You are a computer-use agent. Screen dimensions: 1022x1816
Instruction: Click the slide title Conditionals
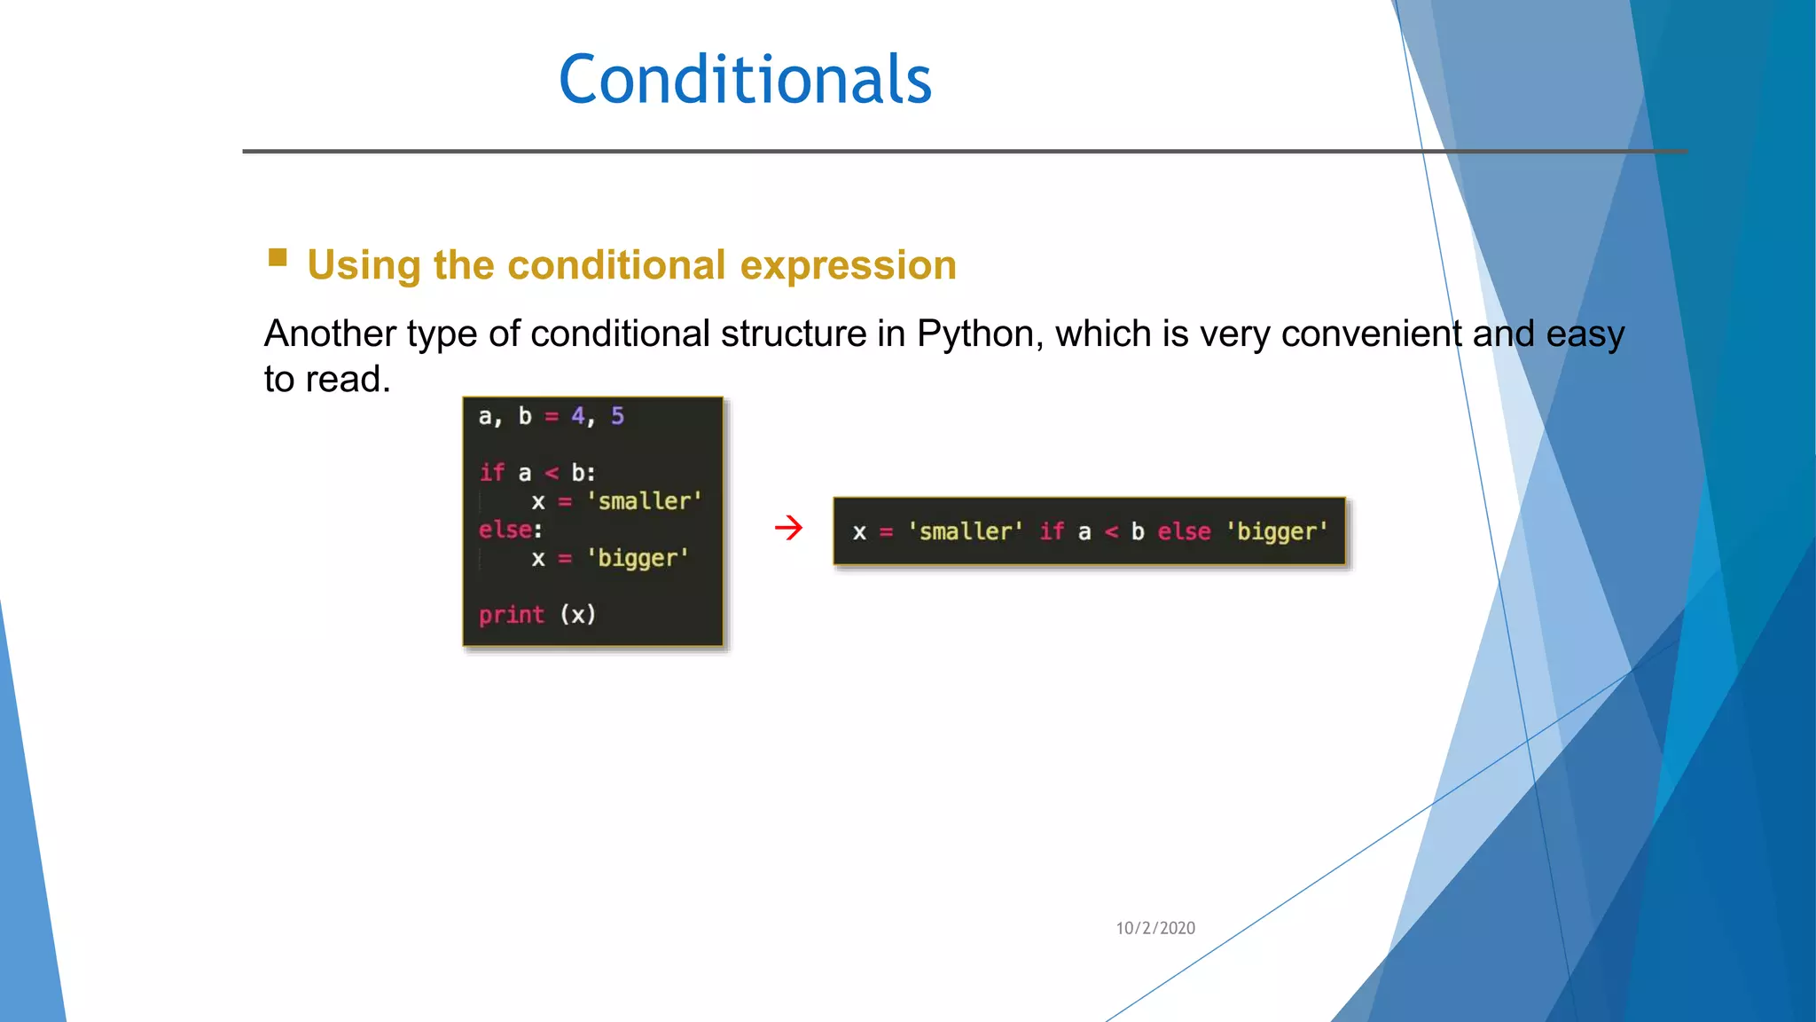pos(745,80)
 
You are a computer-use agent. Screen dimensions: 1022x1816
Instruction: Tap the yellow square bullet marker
pos(278,258)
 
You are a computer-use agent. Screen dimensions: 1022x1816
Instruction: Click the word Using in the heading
pos(364,265)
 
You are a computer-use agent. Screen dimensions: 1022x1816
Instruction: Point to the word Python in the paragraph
pos(975,334)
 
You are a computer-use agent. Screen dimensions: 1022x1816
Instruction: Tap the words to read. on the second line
pos(327,380)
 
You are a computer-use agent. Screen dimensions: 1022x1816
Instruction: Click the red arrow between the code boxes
pos(788,529)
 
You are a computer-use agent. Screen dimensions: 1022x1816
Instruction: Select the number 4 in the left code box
pos(578,416)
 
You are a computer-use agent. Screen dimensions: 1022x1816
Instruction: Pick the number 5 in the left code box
pos(617,416)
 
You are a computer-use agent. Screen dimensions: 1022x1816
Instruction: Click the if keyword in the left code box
pos(491,473)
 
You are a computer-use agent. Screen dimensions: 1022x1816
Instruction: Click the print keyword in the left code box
pos(511,615)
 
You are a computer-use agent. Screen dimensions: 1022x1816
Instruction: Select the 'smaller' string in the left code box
pos(644,501)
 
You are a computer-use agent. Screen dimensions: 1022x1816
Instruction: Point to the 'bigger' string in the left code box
pos(638,558)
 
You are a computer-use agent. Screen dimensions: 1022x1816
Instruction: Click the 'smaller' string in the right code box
pos(965,531)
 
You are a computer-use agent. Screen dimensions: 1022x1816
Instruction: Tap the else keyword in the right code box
pos(1184,531)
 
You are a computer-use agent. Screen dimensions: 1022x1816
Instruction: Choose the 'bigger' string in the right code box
pos(1277,531)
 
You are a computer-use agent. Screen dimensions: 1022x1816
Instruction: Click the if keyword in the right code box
pos(1052,531)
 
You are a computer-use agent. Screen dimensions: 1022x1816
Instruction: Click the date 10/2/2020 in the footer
pos(1155,928)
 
